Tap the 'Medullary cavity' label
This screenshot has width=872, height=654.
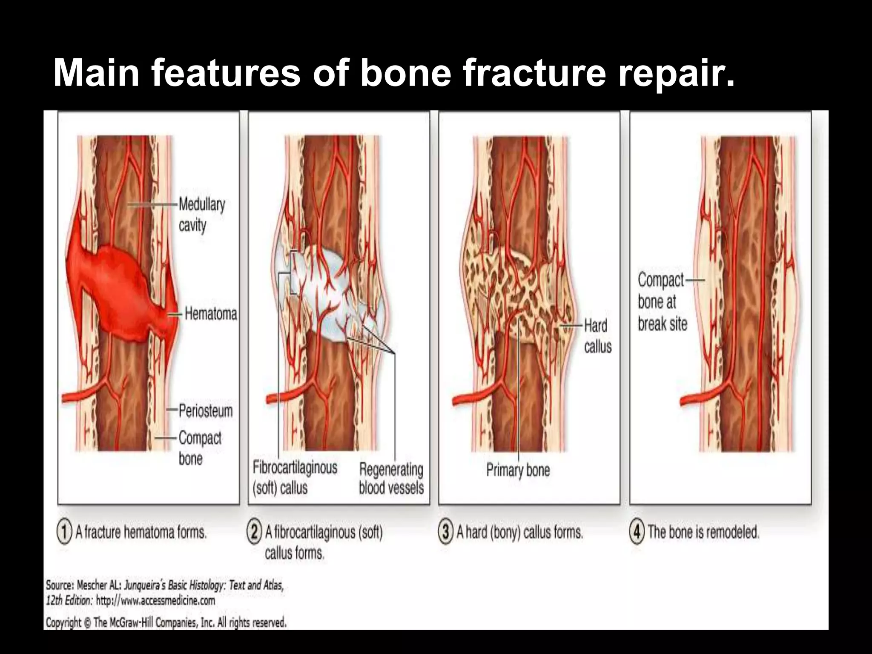pos(201,215)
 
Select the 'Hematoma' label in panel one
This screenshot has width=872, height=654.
pos(211,314)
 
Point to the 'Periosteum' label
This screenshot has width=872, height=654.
pos(206,411)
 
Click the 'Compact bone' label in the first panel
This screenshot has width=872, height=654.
pos(200,448)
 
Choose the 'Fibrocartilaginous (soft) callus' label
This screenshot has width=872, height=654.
pos(295,477)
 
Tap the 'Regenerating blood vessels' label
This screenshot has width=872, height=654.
pos(391,479)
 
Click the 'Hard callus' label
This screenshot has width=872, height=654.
pos(597,336)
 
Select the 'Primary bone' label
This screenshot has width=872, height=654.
pos(518,470)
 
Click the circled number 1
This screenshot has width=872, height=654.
pos(64,532)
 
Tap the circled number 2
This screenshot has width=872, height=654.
pos(254,532)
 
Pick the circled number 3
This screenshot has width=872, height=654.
pos(445,532)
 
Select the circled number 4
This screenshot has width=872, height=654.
pos(637,532)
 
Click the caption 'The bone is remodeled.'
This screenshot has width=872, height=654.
pos(703,532)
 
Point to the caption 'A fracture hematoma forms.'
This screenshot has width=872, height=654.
pos(141,532)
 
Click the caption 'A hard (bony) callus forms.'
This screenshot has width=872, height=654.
pos(519,532)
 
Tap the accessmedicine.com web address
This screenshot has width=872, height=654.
pos(155,601)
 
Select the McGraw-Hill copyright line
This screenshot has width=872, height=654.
pos(166,622)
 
